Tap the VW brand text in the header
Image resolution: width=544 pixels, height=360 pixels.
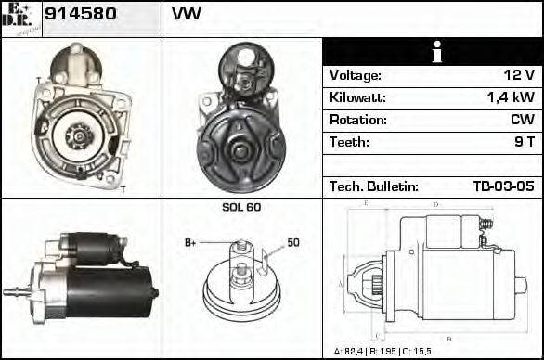pos(187,15)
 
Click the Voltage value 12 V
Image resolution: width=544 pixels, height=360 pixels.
pos(516,75)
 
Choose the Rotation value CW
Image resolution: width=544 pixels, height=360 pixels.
pos(522,120)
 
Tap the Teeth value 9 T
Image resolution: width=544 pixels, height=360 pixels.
pos(524,142)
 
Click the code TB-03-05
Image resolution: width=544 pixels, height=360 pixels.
pos(503,186)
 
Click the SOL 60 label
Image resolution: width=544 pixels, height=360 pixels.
pos(241,207)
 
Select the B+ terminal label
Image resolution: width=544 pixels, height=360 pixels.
pos(190,243)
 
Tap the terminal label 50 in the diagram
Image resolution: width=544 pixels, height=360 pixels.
pos(293,243)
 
